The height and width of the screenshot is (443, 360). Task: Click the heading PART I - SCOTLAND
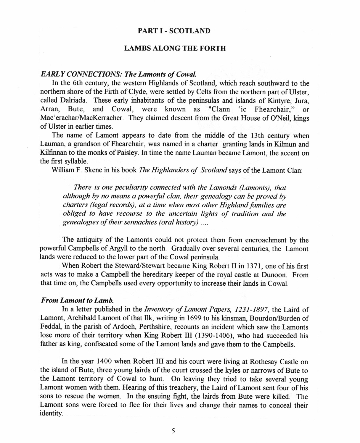click(174, 31)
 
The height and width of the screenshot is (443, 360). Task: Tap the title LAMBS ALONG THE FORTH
click(174, 48)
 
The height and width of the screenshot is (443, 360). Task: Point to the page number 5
click(173, 431)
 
